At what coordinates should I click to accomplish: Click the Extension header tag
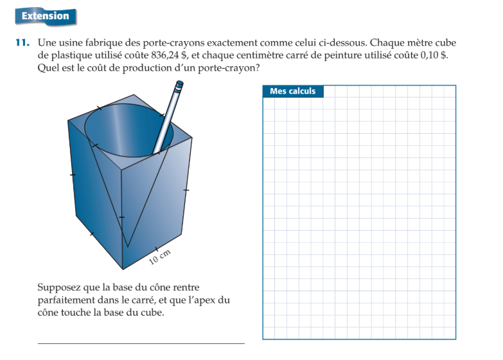tap(45, 16)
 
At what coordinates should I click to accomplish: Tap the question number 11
tap(22, 43)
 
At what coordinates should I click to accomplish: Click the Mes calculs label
tap(292, 91)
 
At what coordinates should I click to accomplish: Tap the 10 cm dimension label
tap(160, 256)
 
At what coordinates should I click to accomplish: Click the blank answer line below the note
tap(141, 343)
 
